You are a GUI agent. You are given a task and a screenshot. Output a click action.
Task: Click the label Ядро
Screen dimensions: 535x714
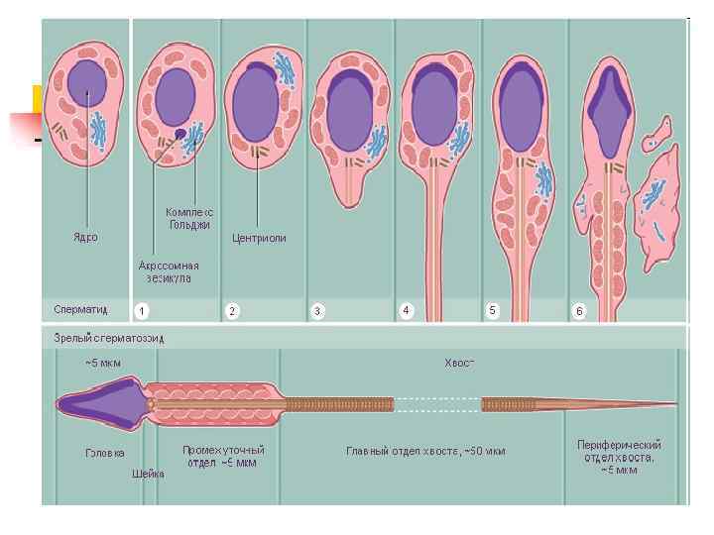click(86, 237)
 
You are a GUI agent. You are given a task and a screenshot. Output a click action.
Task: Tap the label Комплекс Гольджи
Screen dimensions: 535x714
click(188, 219)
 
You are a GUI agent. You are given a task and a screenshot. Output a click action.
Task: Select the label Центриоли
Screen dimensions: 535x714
click(259, 238)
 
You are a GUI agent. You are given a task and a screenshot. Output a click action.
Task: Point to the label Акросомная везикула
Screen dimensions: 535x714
click(169, 271)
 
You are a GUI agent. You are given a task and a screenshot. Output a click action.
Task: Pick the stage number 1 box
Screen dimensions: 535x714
click(143, 311)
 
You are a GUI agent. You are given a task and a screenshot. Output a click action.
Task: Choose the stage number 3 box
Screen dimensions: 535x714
click(317, 311)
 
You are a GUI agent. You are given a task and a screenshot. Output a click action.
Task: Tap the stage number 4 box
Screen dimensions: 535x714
click(406, 310)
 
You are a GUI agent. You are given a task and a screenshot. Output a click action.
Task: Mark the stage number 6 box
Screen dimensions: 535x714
click(580, 311)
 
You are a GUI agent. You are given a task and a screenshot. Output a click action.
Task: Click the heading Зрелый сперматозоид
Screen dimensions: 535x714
click(109, 338)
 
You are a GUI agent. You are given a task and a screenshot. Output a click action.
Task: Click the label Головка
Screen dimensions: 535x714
click(105, 452)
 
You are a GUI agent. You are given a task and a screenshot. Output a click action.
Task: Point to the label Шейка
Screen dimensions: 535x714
click(149, 474)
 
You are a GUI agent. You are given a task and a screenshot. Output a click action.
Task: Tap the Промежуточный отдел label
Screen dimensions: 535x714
click(223, 456)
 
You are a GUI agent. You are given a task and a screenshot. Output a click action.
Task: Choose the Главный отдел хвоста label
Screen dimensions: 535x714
click(425, 452)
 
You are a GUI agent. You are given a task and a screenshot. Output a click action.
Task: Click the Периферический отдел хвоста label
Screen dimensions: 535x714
click(619, 457)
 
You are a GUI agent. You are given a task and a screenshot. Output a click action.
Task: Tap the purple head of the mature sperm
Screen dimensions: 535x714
click(99, 404)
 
